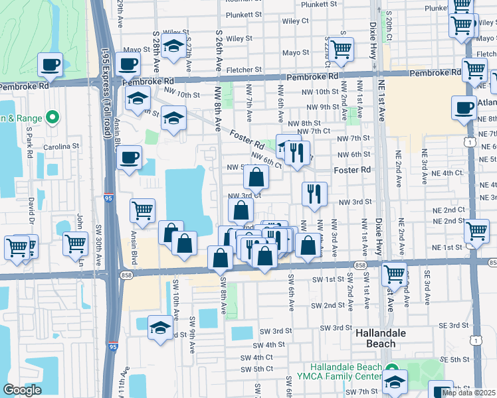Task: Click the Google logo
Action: [x=22, y=390]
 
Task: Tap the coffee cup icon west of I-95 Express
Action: [x=50, y=66]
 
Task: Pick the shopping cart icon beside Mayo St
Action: [x=341, y=49]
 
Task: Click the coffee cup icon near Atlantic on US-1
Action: [x=464, y=107]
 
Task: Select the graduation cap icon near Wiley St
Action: [x=173, y=46]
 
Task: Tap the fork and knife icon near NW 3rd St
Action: [x=313, y=194]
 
